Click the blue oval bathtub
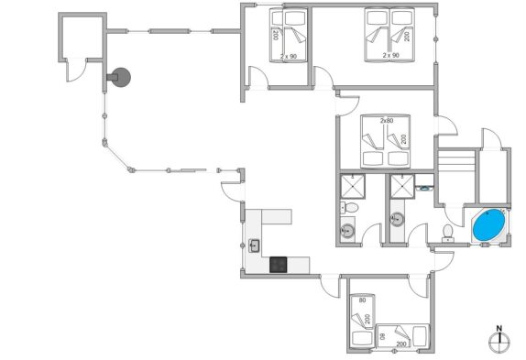coord(488,224)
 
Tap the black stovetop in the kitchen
coord(278,265)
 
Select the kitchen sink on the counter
coord(254,245)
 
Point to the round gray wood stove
coord(120,78)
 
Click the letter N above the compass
coord(499,329)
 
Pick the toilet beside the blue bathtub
coord(447,234)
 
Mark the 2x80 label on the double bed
coord(387,120)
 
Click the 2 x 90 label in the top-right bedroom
coord(390,55)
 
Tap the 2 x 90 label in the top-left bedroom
coord(289,56)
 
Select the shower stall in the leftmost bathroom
coord(353,186)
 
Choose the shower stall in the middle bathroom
coord(402,186)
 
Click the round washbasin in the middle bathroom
coord(398,219)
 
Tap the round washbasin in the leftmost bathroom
coord(347,231)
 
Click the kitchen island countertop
coord(277,217)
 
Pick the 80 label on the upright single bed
coord(362,300)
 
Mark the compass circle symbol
coord(499,343)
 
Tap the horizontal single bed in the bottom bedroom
coord(402,336)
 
